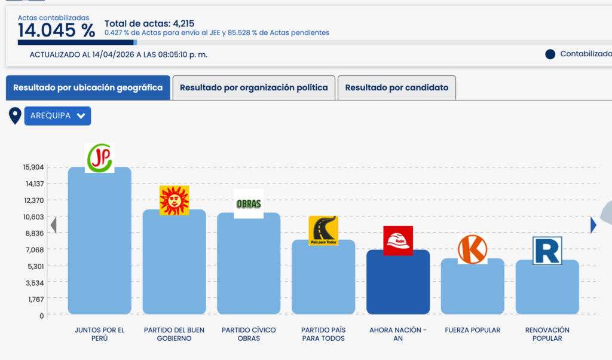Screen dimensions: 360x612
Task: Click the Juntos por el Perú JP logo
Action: pyautogui.click(x=99, y=158)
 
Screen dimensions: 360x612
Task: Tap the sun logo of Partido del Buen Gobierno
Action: pyautogui.click(x=174, y=200)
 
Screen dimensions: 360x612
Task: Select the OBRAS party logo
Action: pyautogui.click(x=249, y=203)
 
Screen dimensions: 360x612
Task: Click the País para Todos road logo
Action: pyautogui.click(x=323, y=231)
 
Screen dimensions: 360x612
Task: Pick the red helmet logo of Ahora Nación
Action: pyautogui.click(x=398, y=241)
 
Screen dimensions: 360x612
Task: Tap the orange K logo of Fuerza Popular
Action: pyautogui.click(x=472, y=249)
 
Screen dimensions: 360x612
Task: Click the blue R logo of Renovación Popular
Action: pyautogui.click(x=547, y=251)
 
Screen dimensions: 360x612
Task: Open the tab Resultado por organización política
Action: pyautogui.click(x=253, y=88)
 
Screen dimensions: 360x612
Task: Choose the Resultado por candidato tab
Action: pyautogui.click(x=397, y=88)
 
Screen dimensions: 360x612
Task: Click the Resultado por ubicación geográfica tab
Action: pyautogui.click(x=88, y=88)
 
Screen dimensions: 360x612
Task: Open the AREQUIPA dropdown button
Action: pyautogui.click(x=57, y=116)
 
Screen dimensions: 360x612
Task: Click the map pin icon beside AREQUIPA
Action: pyautogui.click(x=15, y=115)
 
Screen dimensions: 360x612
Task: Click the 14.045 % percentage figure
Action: pyautogui.click(x=56, y=30)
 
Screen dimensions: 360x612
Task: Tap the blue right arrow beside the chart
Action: pyautogui.click(x=593, y=225)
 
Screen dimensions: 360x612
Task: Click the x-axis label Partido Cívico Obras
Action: pyautogui.click(x=249, y=334)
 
